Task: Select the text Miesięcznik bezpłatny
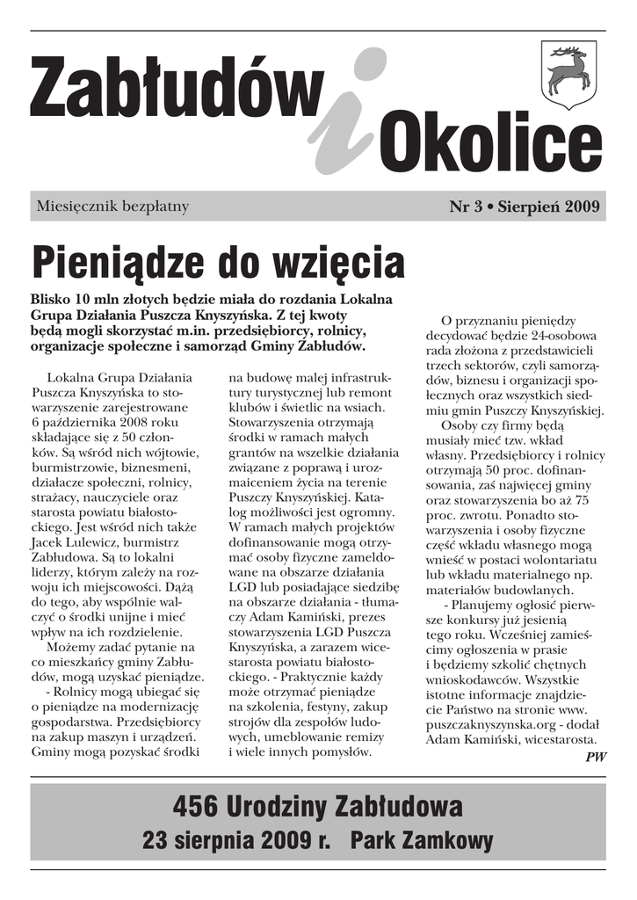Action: pyautogui.click(x=112, y=207)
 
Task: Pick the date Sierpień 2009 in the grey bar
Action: pyautogui.click(x=548, y=207)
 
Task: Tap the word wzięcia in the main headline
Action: pyautogui.click(x=337, y=261)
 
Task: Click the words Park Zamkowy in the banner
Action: pyautogui.click(x=422, y=840)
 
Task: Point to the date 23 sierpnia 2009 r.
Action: pyautogui.click(x=235, y=840)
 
